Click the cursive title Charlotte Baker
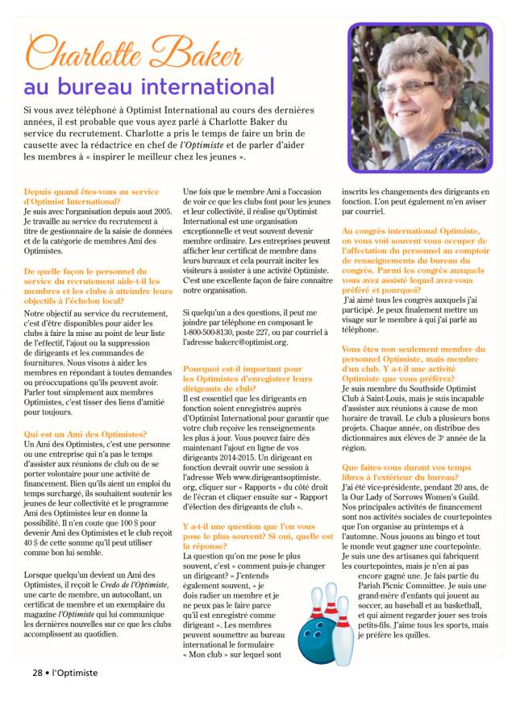coord(134,53)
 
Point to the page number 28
coord(37,673)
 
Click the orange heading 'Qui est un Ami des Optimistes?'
coord(85,433)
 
